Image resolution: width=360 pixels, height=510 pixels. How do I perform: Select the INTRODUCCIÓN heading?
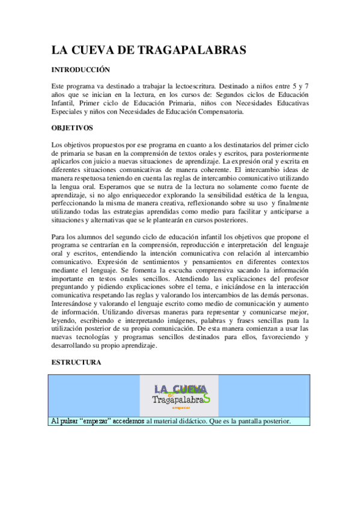pos(80,70)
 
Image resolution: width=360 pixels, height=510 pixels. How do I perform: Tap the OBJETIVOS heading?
pos(71,127)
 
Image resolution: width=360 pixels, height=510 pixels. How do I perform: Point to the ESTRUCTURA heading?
pos(76,363)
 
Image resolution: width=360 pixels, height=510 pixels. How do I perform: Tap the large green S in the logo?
pos(206,398)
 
